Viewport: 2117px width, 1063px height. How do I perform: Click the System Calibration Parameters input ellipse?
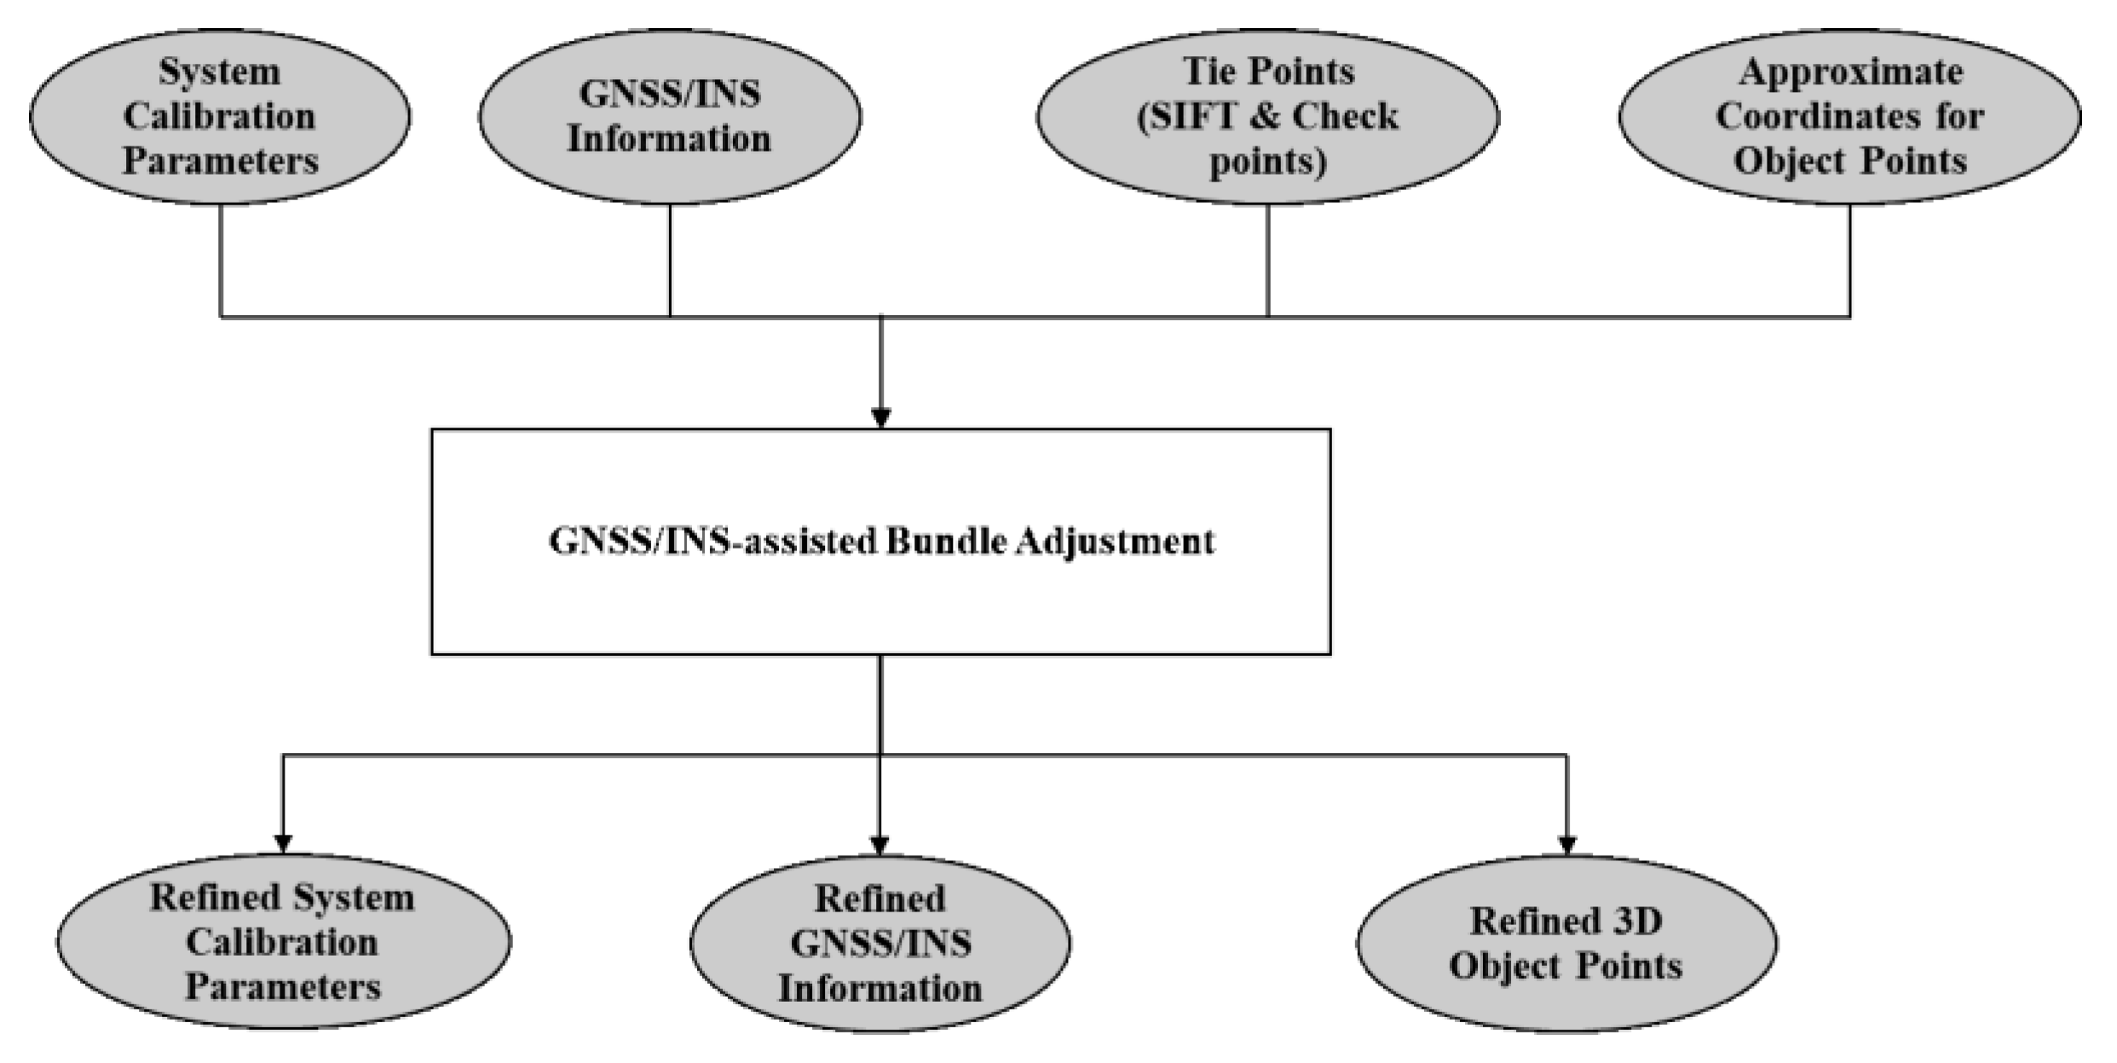219,117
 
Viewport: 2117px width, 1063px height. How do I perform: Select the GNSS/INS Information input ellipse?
669,117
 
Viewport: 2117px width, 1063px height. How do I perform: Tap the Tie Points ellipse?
1267,117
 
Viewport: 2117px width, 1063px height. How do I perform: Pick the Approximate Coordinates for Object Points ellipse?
1849,117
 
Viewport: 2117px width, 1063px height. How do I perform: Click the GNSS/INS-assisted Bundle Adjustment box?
880,542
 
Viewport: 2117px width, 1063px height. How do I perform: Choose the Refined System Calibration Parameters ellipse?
283,942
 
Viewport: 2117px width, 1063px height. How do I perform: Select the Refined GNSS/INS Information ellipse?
880,943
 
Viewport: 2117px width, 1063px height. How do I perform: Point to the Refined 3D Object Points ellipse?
1566,943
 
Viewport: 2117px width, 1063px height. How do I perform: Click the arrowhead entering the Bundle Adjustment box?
881,417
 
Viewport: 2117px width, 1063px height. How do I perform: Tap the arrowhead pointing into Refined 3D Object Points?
1566,844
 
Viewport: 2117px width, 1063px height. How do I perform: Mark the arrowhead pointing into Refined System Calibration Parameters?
283,843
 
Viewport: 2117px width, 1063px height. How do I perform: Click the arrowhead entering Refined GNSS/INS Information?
880,844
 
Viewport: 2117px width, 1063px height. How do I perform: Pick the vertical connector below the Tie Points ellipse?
1267,260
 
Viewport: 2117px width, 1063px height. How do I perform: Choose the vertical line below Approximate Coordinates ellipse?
1849,260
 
